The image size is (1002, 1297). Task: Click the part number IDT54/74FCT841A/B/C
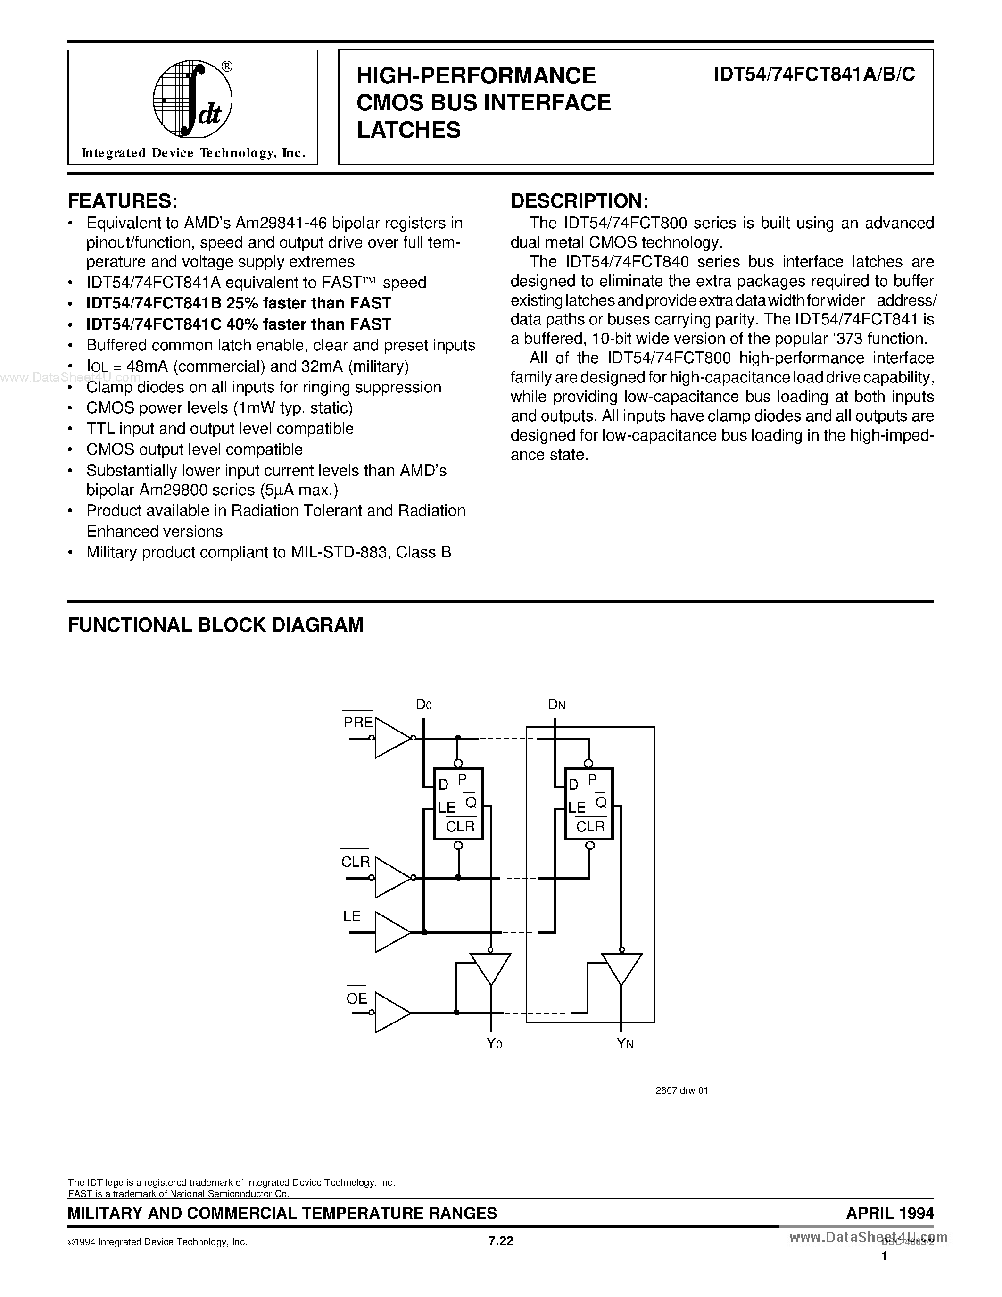[814, 75]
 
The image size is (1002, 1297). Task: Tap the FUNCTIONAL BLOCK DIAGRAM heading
[215, 625]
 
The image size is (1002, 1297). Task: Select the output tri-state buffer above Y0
[490, 968]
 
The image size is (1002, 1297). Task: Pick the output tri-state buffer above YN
[621, 968]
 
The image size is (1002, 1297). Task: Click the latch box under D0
[458, 804]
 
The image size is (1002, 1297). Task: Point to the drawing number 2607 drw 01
[681, 1090]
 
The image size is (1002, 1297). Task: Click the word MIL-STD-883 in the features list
[340, 552]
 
